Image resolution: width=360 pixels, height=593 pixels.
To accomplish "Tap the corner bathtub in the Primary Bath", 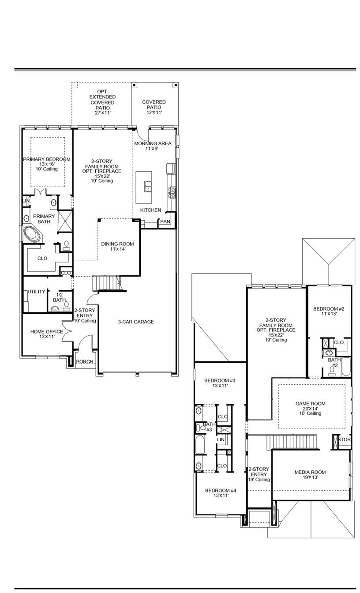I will click(x=31, y=234).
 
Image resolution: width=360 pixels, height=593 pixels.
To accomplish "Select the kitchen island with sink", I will click(x=146, y=186).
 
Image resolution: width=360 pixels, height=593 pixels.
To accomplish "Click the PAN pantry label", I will click(x=165, y=221).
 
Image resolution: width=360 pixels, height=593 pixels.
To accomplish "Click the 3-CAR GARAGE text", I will click(x=136, y=322).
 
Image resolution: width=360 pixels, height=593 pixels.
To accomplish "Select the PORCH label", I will click(x=85, y=362).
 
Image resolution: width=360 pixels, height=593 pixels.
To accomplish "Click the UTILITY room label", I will click(x=37, y=292).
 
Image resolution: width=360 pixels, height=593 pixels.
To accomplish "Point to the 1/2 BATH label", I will click(x=59, y=297).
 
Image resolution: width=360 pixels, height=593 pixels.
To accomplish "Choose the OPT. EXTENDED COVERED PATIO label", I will click(x=102, y=102).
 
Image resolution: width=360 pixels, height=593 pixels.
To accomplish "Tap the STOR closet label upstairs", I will click(x=345, y=440).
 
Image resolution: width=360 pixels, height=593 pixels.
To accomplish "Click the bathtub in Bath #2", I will click(x=346, y=367).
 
